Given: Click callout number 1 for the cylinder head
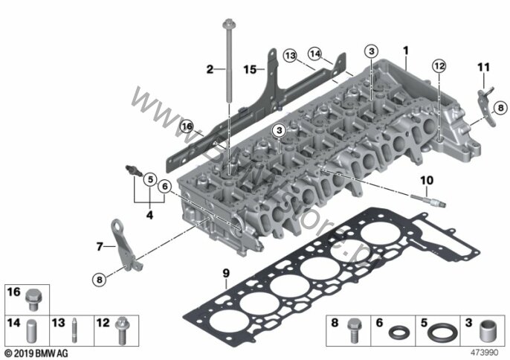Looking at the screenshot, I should pyautogui.click(x=406, y=51).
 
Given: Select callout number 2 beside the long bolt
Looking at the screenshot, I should pyautogui.click(x=210, y=69).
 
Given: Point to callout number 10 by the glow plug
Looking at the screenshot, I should pyautogui.click(x=426, y=180).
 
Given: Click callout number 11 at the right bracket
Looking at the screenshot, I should pyautogui.click(x=483, y=68).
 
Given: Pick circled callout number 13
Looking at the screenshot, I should pyautogui.click(x=289, y=56).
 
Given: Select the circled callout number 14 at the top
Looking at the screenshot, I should pyautogui.click(x=315, y=53).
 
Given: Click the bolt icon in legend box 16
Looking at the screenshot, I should pyautogui.click(x=32, y=299).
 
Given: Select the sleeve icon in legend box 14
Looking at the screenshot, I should pyautogui.click(x=32, y=328).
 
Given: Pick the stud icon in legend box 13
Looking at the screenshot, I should pyautogui.click(x=77, y=328).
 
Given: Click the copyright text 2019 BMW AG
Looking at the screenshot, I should pyautogui.click(x=35, y=352).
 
